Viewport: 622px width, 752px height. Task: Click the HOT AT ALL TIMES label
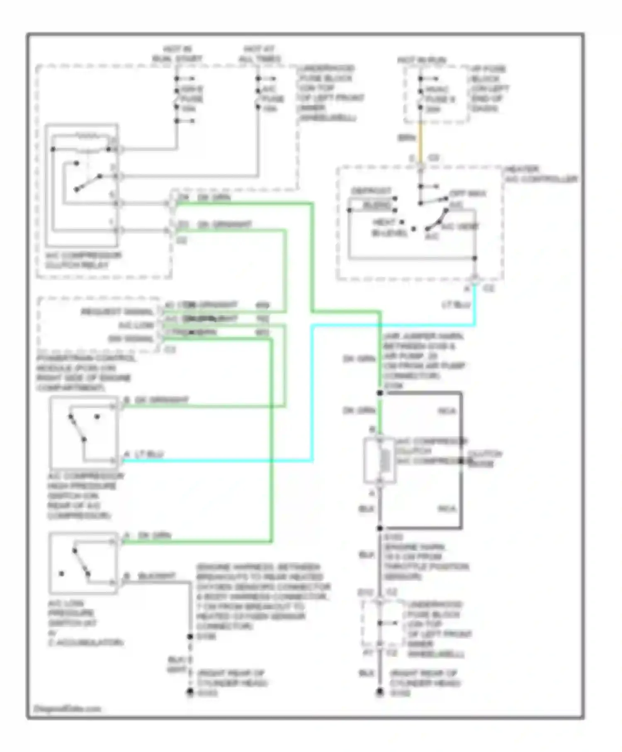coord(260,54)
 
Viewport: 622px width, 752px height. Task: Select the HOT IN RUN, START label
coord(177,54)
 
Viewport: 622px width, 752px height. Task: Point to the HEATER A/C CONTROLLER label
coord(541,174)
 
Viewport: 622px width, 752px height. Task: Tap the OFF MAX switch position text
coord(468,194)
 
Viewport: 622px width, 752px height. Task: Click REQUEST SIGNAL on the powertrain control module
coord(117,312)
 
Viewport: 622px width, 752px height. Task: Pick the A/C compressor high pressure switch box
coord(84,432)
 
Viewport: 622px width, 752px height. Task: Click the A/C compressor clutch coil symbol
coord(379,460)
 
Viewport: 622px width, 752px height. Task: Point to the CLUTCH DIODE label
coord(484,458)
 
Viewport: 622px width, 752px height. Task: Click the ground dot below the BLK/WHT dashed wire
coord(190,691)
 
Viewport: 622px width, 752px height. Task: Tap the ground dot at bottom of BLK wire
coord(380,691)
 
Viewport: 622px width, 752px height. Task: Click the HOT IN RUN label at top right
coord(422,61)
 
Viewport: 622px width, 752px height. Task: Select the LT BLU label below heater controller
coord(456,305)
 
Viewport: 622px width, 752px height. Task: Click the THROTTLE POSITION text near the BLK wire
coord(426,567)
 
